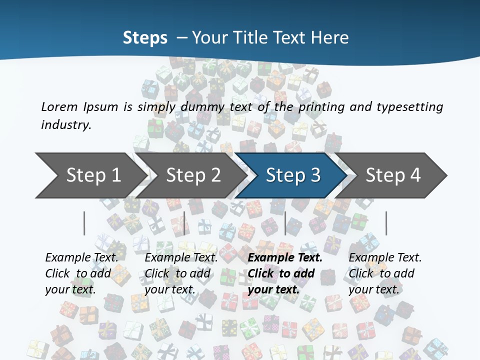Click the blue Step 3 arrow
(293, 175)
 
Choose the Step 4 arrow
(393, 175)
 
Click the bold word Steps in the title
(145, 38)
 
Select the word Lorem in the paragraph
(59, 107)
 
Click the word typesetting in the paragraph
(409, 107)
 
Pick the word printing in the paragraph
(319, 107)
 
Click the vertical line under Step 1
(84, 223)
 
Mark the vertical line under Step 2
(184, 223)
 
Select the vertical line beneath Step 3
(285, 223)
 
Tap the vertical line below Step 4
(386, 223)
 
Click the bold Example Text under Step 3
(285, 258)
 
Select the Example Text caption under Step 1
(81, 258)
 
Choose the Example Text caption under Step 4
(385, 258)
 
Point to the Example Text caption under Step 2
(181, 258)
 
